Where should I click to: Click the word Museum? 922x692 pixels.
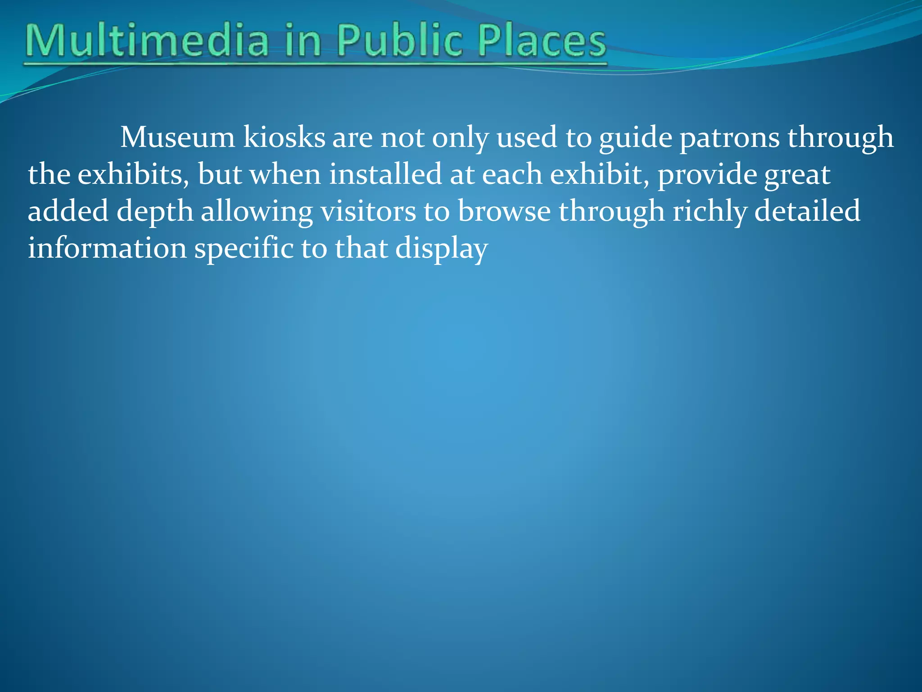click(177, 137)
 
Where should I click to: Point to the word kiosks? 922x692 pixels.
click(284, 137)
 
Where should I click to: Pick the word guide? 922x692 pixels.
click(635, 137)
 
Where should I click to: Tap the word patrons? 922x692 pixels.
click(729, 137)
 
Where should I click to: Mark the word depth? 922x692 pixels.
click(155, 211)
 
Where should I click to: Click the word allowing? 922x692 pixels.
click(257, 211)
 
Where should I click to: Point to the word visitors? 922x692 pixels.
click(368, 211)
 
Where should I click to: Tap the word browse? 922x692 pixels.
click(504, 211)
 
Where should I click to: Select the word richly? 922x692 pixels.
click(710, 211)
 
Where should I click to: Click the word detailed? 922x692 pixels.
click(807, 211)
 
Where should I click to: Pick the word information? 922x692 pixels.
click(107, 248)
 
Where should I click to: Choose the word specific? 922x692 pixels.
click(244, 248)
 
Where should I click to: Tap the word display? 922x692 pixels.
click(441, 248)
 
